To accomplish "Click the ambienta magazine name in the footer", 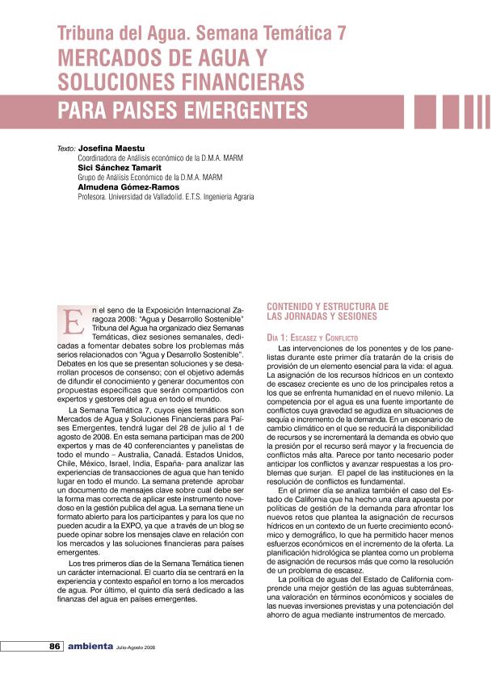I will [90, 647].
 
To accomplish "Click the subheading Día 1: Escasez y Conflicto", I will [313, 336].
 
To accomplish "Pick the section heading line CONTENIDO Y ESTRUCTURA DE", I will [327, 306].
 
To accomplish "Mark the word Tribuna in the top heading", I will [84, 33].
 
